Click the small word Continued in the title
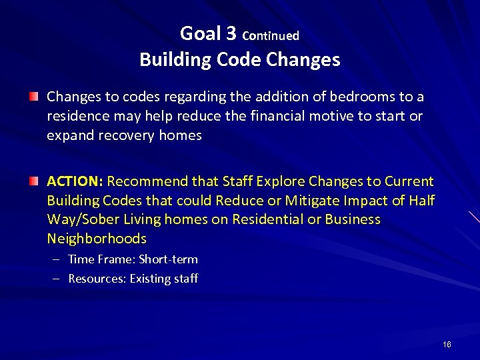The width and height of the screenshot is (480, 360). [x=271, y=35]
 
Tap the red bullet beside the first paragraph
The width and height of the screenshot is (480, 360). [x=33, y=97]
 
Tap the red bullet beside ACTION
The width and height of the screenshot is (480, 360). [x=33, y=181]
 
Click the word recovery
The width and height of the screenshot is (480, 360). [x=127, y=135]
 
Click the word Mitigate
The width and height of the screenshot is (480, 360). [x=310, y=201]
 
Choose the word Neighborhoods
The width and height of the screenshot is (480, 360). [x=97, y=239]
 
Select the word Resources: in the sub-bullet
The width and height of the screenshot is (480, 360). [x=97, y=279]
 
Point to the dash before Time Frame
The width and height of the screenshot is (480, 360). [x=59, y=259]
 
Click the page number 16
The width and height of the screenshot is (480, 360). [x=446, y=344]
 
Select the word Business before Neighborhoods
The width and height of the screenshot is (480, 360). [x=353, y=219]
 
